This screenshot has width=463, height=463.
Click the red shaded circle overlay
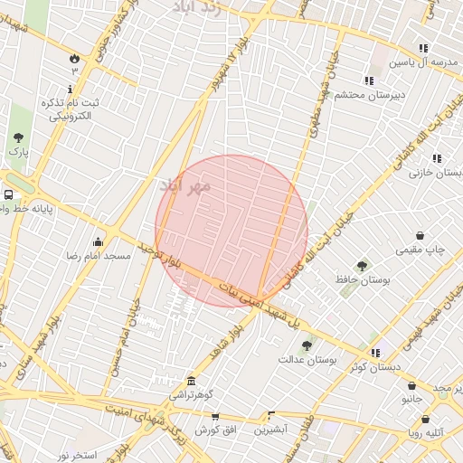tap(231, 231)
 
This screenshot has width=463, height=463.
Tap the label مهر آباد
tap(184, 185)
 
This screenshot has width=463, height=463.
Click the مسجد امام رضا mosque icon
tap(99, 242)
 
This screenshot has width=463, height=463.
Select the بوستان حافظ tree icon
tap(362, 266)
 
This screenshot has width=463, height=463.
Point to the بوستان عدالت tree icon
tap(307, 344)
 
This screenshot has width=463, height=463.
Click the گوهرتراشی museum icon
tap(191, 381)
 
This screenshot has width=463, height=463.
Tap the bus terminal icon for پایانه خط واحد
tap(8, 194)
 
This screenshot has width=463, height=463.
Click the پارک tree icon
tap(18, 137)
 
